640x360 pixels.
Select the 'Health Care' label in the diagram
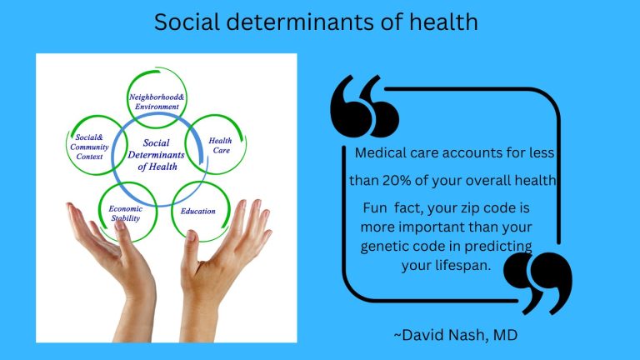(x=220, y=147)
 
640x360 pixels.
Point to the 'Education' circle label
(x=197, y=211)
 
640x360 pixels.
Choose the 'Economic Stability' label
(x=126, y=213)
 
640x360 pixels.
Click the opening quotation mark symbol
(x=365, y=105)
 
